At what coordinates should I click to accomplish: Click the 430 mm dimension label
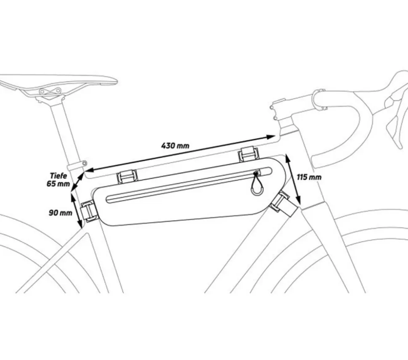tap(175, 146)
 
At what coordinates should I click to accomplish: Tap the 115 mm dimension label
tap(309, 177)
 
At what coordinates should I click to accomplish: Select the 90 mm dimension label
tap(61, 213)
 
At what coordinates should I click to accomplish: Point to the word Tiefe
tap(58, 175)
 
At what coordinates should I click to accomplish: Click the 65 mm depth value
tap(58, 184)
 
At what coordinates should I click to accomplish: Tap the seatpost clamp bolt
tap(84, 163)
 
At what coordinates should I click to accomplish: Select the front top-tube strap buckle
tap(249, 154)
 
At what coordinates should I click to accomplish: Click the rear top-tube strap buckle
tap(127, 177)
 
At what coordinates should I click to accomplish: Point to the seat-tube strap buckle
tap(89, 211)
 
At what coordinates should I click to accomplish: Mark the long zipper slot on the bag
tap(189, 185)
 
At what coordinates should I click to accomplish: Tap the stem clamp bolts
tap(273, 113)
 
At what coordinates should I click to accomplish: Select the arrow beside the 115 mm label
tap(293, 179)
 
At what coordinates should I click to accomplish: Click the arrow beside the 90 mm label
tap(77, 209)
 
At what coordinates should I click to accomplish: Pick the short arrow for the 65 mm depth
tap(77, 182)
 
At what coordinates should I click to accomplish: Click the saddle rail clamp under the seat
tap(50, 91)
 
